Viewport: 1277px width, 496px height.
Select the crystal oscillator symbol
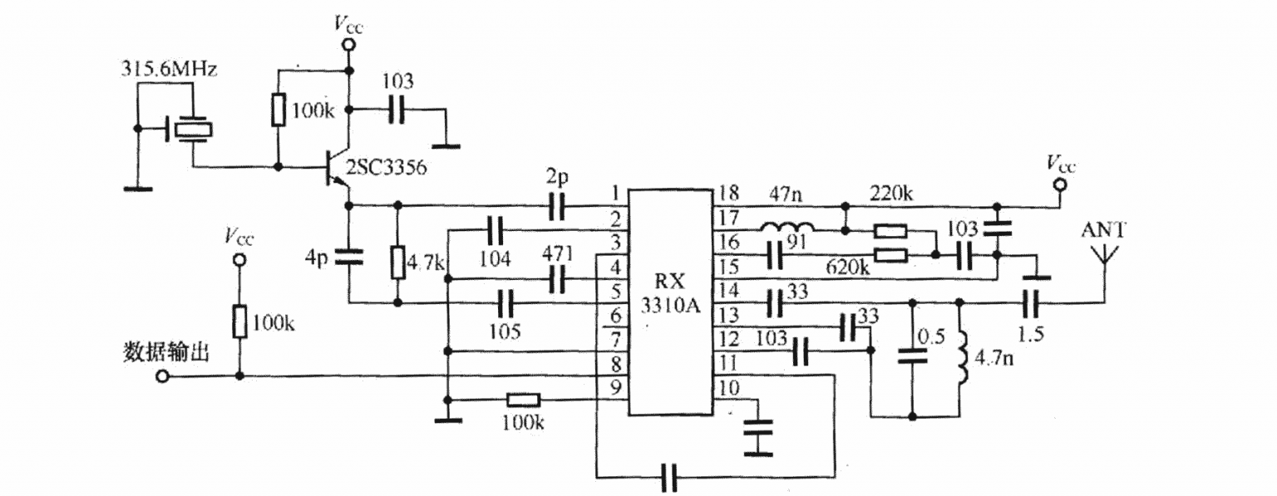coord(190,130)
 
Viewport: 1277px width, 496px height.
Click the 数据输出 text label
coord(165,352)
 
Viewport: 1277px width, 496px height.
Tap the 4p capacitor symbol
coord(349,258)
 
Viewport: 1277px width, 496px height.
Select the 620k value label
coord(847,268)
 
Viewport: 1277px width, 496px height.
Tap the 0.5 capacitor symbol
coord(913,355)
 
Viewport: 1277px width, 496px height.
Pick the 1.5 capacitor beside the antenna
coord(1031,302)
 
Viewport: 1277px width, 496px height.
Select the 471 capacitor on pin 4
coord(558,280)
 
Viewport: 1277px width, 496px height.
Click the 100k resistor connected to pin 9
coord(523,399)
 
